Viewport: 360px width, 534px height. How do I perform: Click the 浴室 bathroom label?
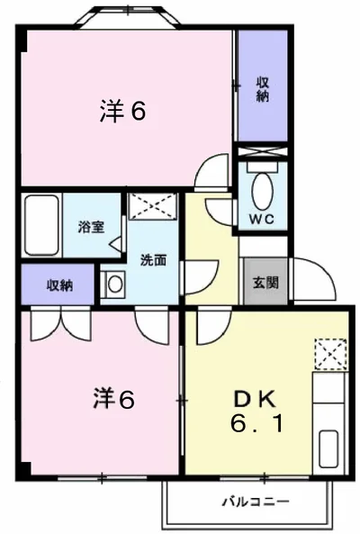pos(90,226)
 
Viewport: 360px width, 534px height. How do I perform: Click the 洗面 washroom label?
pos(152,260)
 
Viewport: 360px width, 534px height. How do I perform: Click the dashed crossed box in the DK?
pos(329,354)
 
